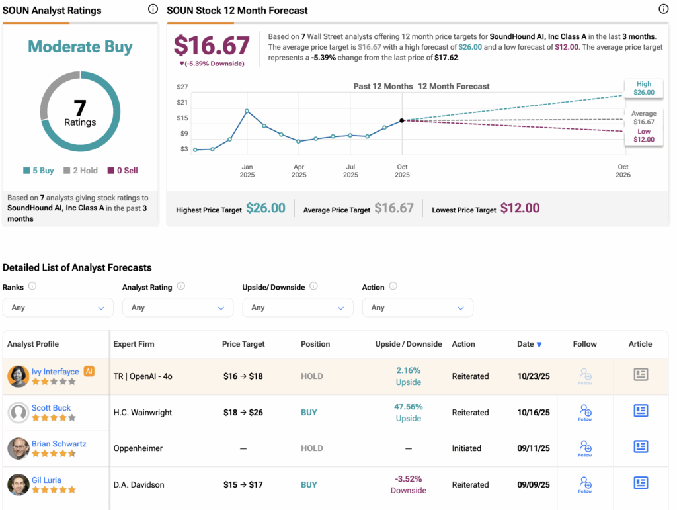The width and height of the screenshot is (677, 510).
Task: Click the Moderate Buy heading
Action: click(80, 47)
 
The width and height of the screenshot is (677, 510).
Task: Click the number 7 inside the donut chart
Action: click(80, 107)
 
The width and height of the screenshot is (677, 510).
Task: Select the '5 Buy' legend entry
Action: click(39, 171)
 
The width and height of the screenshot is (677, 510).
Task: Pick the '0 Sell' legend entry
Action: click(122, 171)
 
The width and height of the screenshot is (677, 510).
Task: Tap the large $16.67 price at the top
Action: click(212, 46)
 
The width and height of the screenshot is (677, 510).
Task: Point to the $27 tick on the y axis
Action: click(182, 87)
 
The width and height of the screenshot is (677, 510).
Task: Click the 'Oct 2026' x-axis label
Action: click(623, 171)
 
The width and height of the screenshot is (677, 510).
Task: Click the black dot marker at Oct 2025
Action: click(402, 120)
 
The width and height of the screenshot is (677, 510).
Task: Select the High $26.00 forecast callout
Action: click(644, 89)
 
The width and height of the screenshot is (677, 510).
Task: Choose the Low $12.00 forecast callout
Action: click(644, 136)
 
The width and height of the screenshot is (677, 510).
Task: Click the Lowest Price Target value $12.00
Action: click(520, 208)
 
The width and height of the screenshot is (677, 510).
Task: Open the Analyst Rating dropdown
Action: click(178, 308)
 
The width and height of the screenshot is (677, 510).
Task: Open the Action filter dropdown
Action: click(417, 308)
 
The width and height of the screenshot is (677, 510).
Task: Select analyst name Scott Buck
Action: click(51, 408)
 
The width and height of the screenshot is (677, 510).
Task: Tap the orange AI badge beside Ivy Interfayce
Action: click(89, 372)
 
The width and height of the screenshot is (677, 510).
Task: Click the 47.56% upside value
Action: click(409, 407)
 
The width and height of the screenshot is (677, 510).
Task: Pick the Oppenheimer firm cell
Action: click(139, 448)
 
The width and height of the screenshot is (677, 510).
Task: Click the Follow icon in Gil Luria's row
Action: click(585, 484)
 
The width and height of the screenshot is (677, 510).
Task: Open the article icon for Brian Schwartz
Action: click(641, 447)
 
